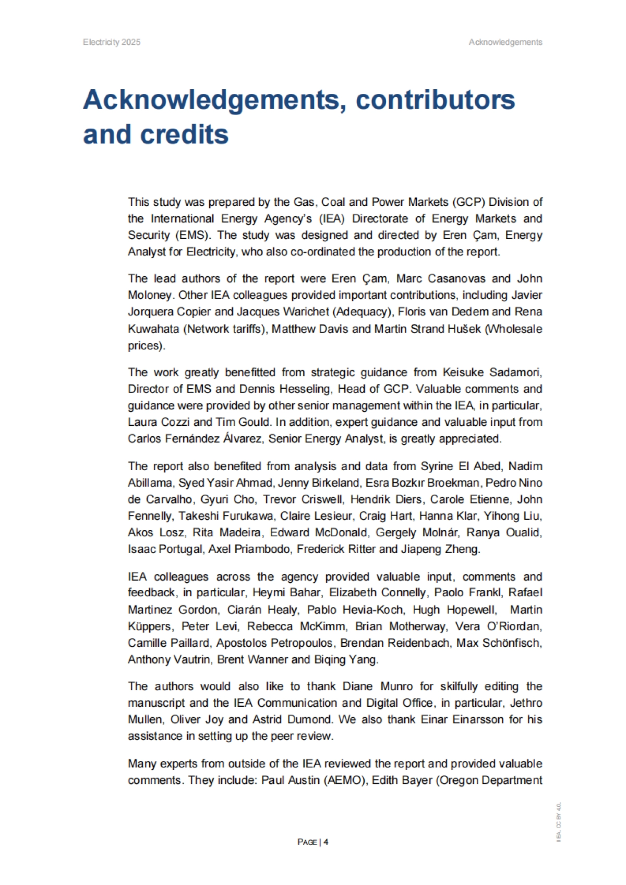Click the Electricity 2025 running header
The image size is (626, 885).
(112, 42)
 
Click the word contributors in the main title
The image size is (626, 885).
(435, 100)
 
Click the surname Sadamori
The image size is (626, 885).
(515, 372)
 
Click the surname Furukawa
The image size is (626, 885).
(248, 516)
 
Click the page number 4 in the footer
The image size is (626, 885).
(326, 842)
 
